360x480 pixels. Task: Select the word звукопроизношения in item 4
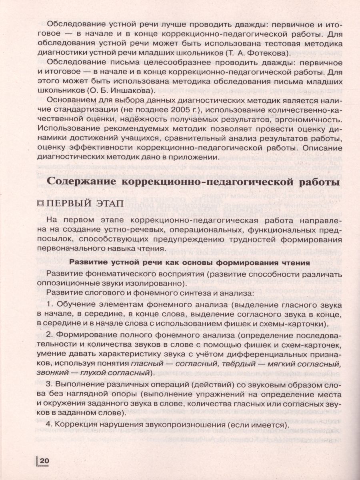pos(200,425)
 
